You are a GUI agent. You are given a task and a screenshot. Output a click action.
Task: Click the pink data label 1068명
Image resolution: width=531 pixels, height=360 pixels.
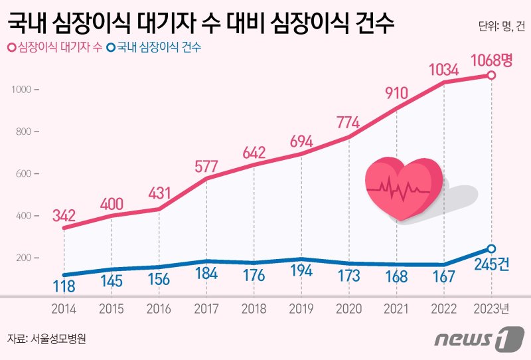[x=492, y=60]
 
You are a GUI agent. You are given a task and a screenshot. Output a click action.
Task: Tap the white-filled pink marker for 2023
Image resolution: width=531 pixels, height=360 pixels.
[x=491, y=76]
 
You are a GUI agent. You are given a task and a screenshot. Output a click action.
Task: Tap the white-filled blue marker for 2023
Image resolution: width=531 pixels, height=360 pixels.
[x=491, y=248]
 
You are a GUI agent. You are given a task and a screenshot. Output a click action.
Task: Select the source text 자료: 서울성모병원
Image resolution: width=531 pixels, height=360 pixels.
[x=47, y=338]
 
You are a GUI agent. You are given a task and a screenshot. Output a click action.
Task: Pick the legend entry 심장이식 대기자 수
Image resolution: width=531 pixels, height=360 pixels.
[x=56, y=48]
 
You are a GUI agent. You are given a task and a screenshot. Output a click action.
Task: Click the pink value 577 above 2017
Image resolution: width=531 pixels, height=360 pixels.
[x=206, y=164]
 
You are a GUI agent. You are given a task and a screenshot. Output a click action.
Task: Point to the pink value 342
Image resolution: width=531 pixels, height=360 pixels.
[x=64, y=215]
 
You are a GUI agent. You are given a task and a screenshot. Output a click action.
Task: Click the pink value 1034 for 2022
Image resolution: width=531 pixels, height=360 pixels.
[x=443, y=68]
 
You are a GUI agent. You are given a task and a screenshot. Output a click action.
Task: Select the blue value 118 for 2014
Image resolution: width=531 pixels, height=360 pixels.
[x=64, y=287]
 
